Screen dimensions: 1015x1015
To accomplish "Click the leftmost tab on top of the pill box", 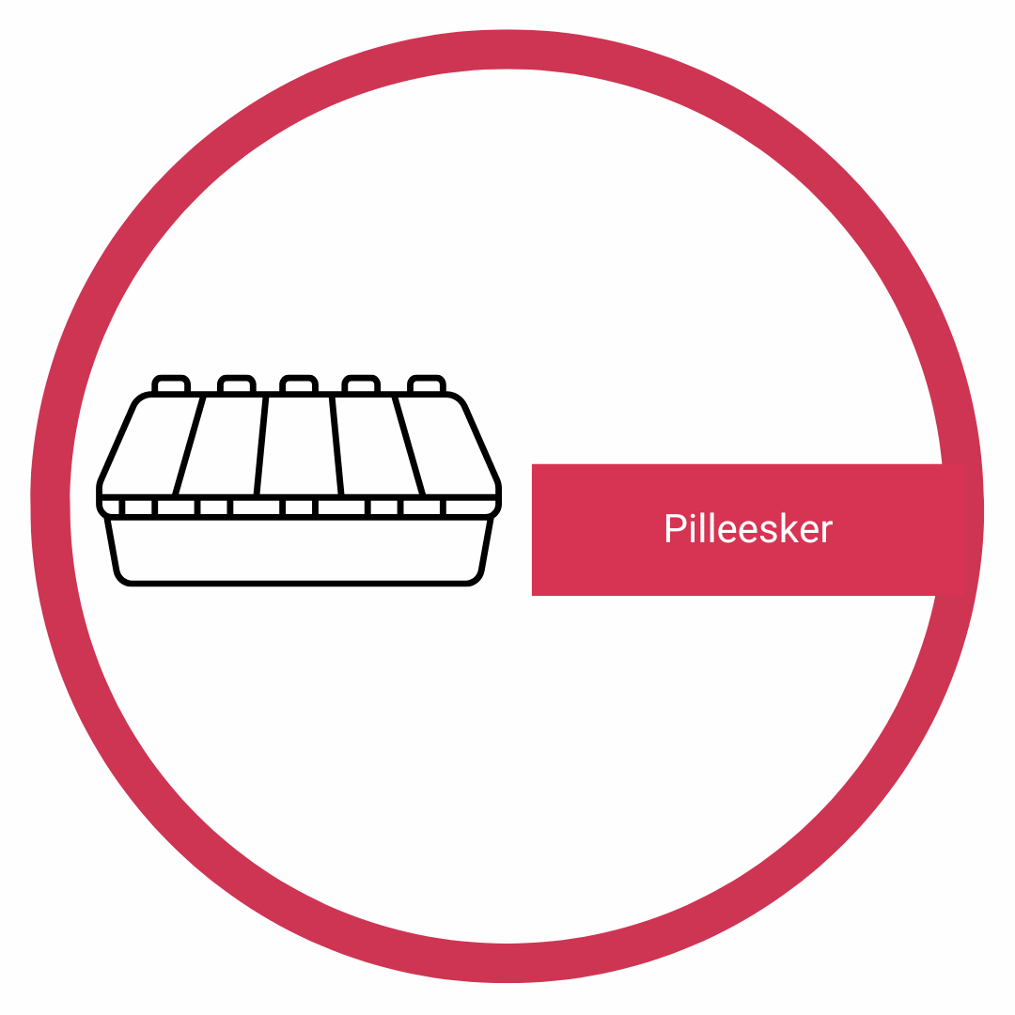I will point(170,383).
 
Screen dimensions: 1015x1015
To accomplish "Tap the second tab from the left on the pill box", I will point(236,383).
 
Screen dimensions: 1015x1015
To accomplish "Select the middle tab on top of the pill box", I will point(298,383).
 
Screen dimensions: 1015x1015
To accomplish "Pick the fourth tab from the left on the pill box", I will point(361,383).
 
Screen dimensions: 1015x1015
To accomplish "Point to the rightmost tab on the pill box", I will point(426,383).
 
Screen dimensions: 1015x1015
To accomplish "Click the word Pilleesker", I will point(748,529).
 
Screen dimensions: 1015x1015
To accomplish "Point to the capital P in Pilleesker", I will point(675,529).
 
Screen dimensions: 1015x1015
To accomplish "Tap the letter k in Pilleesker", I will point(789,528).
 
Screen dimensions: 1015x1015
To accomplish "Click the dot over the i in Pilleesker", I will point(693,516).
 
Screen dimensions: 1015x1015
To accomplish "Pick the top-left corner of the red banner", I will point(533,465).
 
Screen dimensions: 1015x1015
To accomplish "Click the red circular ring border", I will point(507,49).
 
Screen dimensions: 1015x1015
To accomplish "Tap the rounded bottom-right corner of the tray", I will point(476,577).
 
